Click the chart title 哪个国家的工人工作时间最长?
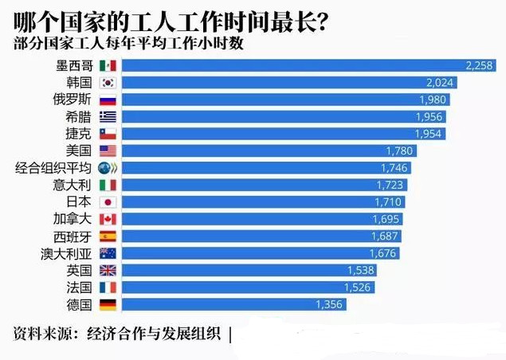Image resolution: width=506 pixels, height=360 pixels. point(171,22)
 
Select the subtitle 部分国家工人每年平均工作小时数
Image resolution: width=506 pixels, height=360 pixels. point(128,43)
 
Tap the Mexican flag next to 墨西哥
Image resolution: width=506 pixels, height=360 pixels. point(108,65)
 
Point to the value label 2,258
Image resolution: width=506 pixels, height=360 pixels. point(479,65)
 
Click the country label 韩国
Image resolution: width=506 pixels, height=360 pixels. point(79,83)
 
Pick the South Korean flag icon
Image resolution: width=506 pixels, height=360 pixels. point(108,83)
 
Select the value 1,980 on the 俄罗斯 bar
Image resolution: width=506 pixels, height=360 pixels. point(433,100)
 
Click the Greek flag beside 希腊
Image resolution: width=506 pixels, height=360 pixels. point(108,117)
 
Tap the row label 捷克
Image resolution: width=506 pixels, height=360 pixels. point(79,134)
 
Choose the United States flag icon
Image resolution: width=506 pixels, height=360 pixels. point(108,151)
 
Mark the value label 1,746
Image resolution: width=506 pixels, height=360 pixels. point(394,168)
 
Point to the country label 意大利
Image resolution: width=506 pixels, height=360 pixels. point(73,185)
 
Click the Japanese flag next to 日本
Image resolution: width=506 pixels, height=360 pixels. point(108,202)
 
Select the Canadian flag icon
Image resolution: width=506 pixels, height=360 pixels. point(108,219)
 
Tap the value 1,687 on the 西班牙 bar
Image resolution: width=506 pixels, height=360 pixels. point(384,236)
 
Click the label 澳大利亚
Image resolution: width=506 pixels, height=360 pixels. point(66,254)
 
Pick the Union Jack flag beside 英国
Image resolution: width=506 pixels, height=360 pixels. point(108,271)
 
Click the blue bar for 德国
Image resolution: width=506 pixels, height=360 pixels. point(234,304)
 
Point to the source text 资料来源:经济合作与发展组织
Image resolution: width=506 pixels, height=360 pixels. point(117,334)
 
